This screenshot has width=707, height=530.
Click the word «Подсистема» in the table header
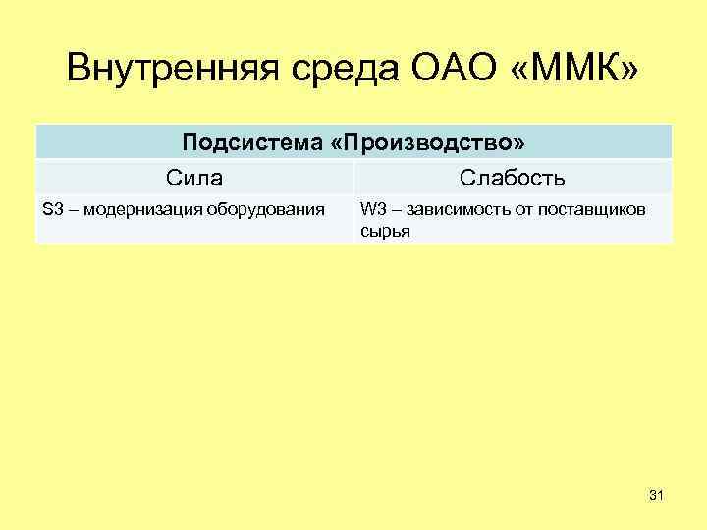pyautogui.click(x=252, y=143)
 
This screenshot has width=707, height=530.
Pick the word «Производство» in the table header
pyautogui.click(x=428, y=143)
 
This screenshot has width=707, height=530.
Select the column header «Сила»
pyautogui.click(x=194, y=178)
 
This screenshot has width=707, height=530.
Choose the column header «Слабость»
pyautogui.click(x=512, y=178)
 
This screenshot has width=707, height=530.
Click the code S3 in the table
pyautogui.click(x=53, y=208)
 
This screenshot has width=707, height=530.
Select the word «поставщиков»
pyautogui.click(x=597, y=208)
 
